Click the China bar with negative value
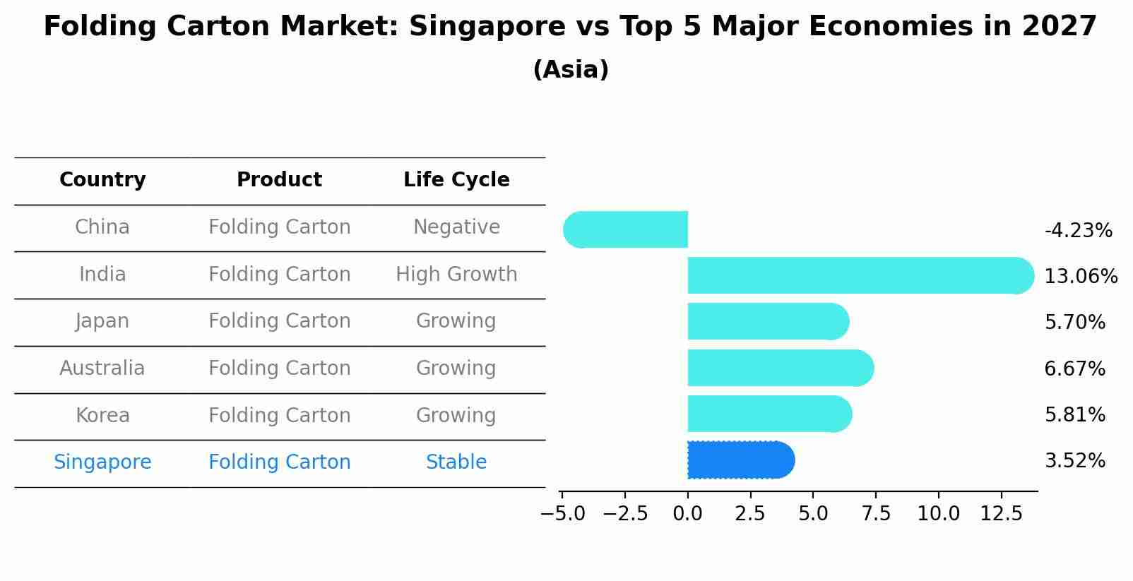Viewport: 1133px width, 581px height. pos(626,229)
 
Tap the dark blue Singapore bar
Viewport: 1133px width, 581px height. pos(740,460)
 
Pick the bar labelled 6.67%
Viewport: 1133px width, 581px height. pos(780,368)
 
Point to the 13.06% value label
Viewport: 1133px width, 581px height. pos(1080,277)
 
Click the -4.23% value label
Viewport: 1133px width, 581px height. pos(1078,231)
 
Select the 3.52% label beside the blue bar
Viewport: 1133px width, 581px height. pos(1074,461)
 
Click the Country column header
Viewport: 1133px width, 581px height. pos(102,180)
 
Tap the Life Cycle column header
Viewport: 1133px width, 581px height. pos(456,180)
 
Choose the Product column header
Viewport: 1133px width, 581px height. pos(279,180)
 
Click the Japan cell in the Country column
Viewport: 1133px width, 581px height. pos(102,321)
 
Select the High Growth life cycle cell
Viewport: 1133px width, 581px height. pos(456,275)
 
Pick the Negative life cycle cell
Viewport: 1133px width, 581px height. pos(456,227)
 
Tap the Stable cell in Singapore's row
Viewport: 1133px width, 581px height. pos(456,462)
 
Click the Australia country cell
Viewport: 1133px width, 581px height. pos(102,369)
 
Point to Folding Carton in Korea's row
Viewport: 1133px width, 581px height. pos(279,416)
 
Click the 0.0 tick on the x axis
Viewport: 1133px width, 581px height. pos(687,514)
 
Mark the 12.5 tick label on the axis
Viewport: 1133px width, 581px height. pos(1001,514)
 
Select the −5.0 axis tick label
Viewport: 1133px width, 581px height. pos(562,514)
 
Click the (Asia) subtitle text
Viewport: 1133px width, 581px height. pos(571,70)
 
